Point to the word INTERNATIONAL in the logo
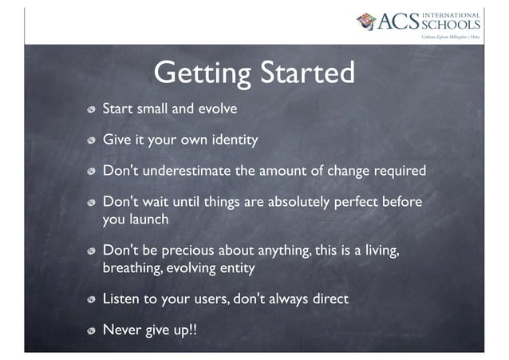(451, 14)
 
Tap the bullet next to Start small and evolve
(93, 109)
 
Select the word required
(397, 172)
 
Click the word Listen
(121, 299)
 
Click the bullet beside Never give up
(93, 331)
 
